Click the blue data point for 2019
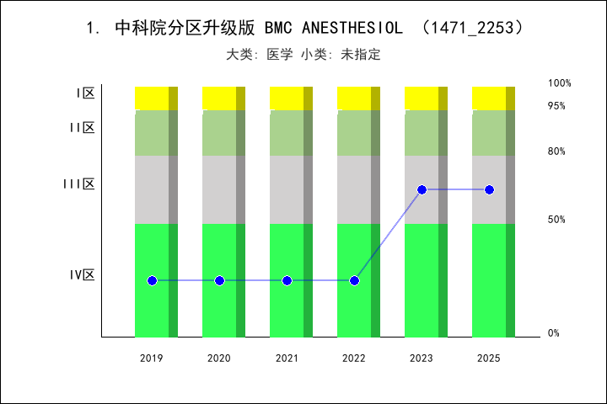(x=152, y=280)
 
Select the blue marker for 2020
(x=219, y=280)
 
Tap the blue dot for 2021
(x=287, y=280)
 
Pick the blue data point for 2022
(x=354, y=280)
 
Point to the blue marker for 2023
(x=422, y=189)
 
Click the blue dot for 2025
(x=489, y=189)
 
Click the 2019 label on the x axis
(x=152, y=359)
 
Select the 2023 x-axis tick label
(x=422, y=359)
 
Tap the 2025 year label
(x=489, y=359)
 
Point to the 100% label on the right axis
(x=560, y=83)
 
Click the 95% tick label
(x=556, y=106)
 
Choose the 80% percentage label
(x=556, y=151)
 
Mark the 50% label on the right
(x=556, y=220)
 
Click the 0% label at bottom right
(x=554, y=333)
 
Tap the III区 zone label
(x=78, y=183)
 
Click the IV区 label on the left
(x=82, y=274)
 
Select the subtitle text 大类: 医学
(x=260, y=55)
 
